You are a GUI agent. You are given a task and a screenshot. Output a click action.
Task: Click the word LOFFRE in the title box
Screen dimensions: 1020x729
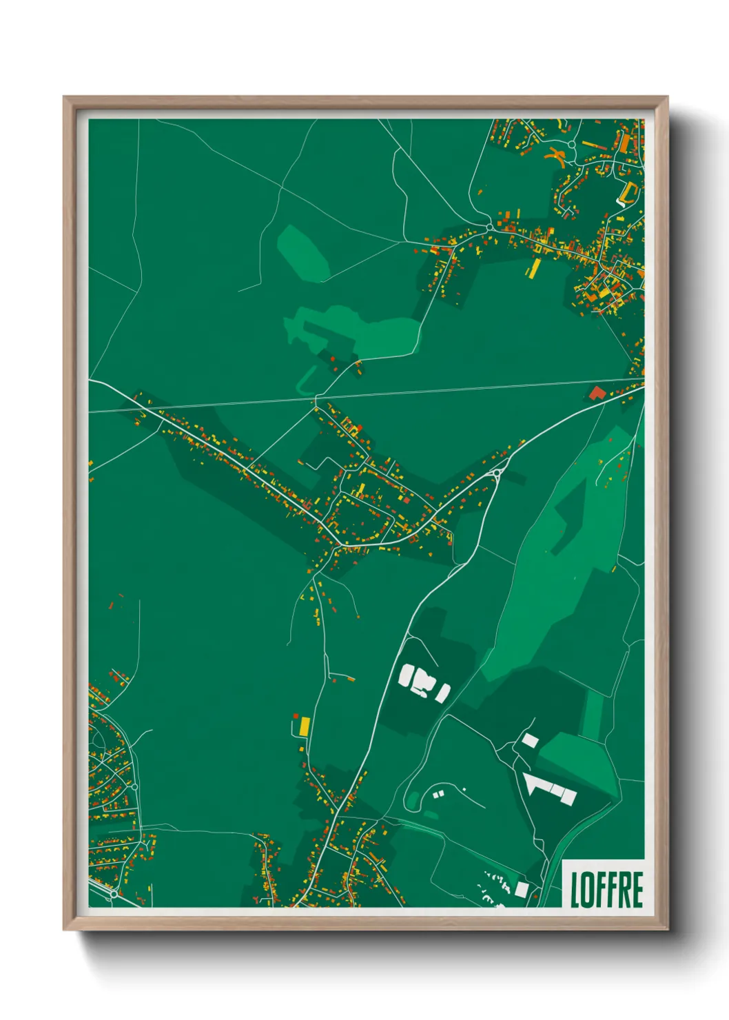[606, 889]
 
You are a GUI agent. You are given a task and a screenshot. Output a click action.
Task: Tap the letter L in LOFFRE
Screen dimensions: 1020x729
[575, 889]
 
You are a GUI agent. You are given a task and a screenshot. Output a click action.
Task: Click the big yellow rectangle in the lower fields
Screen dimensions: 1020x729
[305, 726]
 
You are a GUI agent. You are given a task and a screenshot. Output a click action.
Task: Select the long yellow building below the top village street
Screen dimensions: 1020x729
[533, 268]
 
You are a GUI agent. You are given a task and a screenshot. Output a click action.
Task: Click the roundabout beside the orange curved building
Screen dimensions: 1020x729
[571, 145]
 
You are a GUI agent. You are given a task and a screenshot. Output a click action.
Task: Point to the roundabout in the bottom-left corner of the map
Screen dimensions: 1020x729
[112, 895]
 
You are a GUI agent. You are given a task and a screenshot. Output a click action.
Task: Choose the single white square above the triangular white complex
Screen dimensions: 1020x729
[530, 741]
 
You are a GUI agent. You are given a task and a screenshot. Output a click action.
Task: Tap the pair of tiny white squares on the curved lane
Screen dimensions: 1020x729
[438, 795]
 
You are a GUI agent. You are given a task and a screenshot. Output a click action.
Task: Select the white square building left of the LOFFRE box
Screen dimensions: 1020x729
[522, 889]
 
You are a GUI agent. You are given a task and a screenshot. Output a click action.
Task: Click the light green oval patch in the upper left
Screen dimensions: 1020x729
[303, 252]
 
